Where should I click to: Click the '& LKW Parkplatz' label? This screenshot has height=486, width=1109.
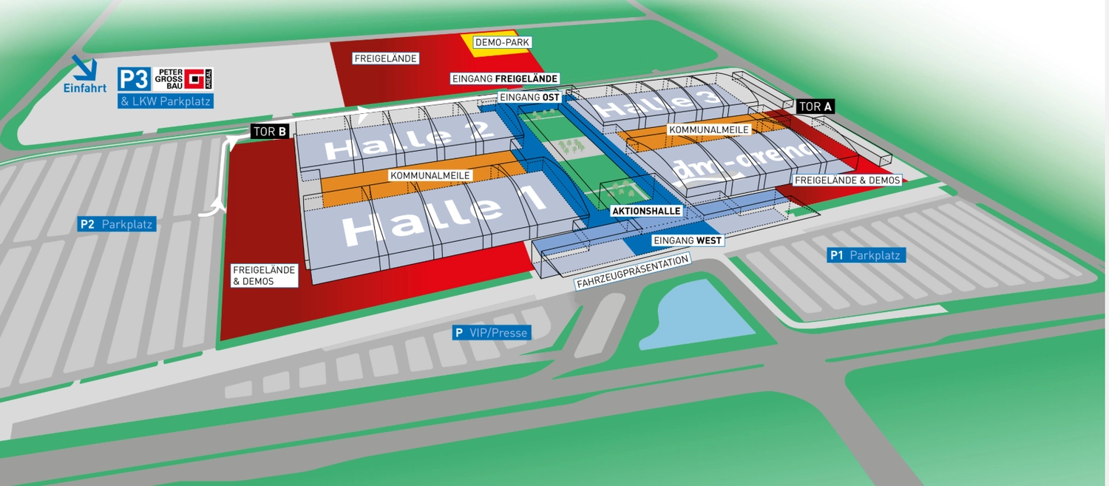pos(166,101)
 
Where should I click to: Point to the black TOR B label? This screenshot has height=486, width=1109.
pos(270,132)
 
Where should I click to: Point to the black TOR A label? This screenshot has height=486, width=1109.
pos(815,107)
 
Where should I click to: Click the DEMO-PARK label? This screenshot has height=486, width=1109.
pos(502,42)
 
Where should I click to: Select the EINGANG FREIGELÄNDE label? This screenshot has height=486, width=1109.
pos(504,78)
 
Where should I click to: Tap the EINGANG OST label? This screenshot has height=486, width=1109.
pos(529,97)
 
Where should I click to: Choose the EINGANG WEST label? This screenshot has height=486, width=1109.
pos(687,240)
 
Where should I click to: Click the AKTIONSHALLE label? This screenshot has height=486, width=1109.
pos(645,211)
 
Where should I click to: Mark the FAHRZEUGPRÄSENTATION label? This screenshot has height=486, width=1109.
pos(634,272)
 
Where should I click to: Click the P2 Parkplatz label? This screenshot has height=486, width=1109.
pos(117,224)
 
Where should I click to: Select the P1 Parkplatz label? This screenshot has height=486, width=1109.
pos(866,255)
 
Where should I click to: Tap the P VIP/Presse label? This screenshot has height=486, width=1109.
pos(492,333)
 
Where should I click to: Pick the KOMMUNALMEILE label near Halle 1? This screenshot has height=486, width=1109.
pos(430,175)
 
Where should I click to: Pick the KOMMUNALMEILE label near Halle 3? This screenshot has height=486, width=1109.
pos(708,129)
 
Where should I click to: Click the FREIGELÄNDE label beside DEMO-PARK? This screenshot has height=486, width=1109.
pos(386,58)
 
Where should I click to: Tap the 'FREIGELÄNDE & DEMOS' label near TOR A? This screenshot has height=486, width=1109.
pos(847,180)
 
